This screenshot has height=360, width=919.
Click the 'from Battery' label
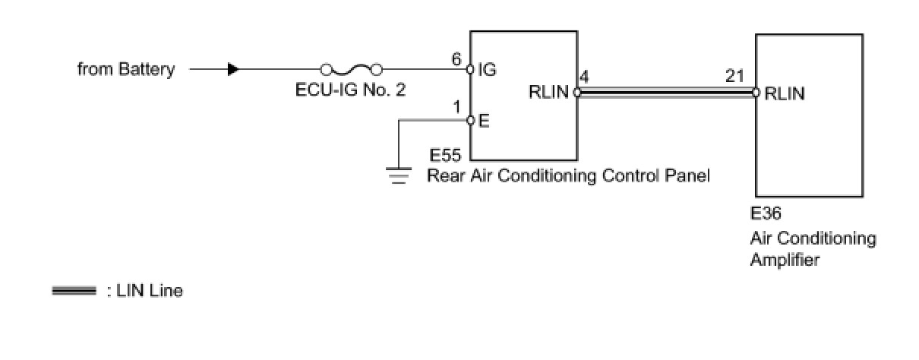click(126, 70)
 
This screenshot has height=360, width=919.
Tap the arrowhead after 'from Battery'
click(233, 70)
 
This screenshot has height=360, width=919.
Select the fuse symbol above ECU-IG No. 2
click(351, 70)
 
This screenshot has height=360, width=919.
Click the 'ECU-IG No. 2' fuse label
click(350, 90)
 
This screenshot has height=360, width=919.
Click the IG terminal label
click(487, 70)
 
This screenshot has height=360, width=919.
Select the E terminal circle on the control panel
click(470, 120)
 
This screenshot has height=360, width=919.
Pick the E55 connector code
click(445, 156)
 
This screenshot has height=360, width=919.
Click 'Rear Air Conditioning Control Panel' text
click(568, 177)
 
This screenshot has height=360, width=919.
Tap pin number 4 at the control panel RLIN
click(583, 77)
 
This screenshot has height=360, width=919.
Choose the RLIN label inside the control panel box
click(549, 93)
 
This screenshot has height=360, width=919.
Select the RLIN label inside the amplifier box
click(785, 93)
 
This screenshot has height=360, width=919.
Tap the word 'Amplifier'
click(785, 261)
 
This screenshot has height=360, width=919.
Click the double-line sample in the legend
click(74, 291)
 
